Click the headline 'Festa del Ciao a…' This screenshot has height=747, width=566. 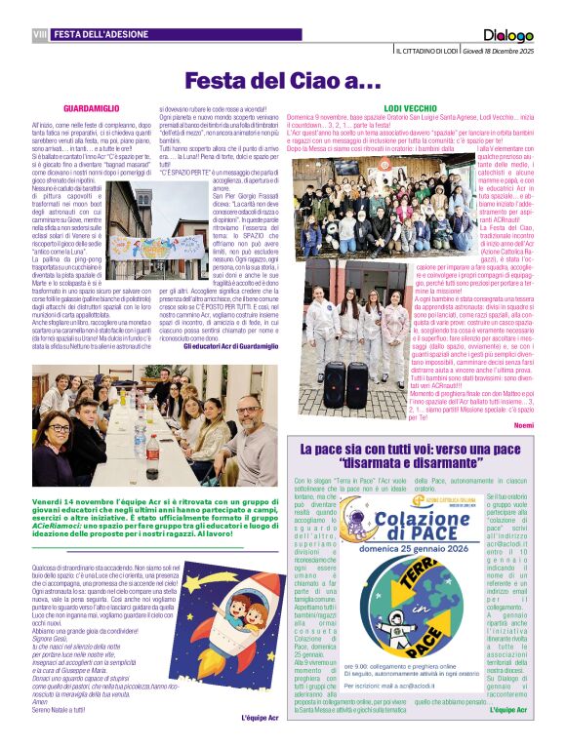coord(283,81)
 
